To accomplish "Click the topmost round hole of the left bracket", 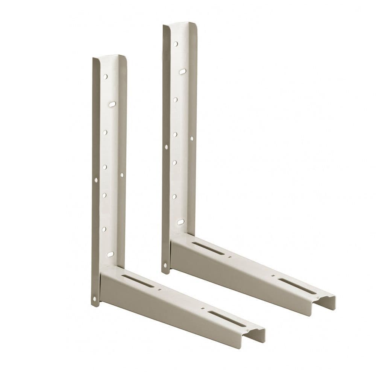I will tap(105, 76).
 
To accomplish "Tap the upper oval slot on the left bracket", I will tap(112, 103).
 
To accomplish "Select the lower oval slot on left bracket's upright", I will tap(110, 255).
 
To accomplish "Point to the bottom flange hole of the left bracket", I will tap(94, 299).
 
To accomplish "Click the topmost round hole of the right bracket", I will tap(176, 44).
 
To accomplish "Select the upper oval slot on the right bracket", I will tap(183, 71).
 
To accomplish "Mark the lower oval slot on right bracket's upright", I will tap(180, 222).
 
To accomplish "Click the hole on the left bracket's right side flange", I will tap(122, 174).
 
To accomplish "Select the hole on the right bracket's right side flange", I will tap(191, 138).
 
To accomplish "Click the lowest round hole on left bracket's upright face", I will tap(104, 229).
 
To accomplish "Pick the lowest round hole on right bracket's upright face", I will tap(174, 196).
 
